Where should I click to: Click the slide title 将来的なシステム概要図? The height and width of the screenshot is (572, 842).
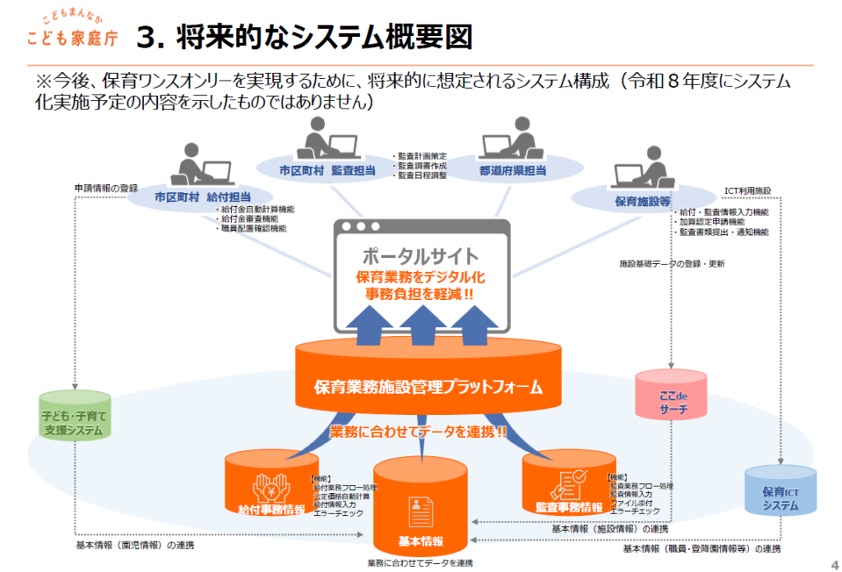[x=304, y=36]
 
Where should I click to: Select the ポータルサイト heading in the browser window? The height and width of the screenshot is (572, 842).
[x=420, y=256]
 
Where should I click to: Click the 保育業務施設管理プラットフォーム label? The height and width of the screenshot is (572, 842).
[x=428, y=385]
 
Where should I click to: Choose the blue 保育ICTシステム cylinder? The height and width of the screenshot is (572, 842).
[x=780, y=497]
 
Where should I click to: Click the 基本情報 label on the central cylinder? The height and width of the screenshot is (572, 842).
[x=420, y=542]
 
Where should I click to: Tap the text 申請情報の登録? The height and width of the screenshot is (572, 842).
[x=106, y=187]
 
